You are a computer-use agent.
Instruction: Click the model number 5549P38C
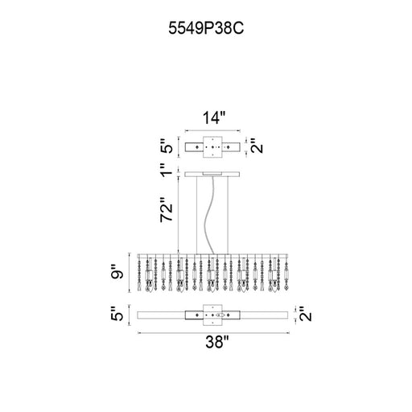pos(206,28)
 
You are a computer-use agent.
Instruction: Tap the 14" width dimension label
pos(214,118)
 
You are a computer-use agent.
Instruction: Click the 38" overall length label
pos(217,342)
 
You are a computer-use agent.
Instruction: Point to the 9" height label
pos(117,272)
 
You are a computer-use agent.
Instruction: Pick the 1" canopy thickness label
pos(167,170)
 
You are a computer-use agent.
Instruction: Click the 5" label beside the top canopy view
pos(167,146)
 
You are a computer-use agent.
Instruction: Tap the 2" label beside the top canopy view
pos(257,146)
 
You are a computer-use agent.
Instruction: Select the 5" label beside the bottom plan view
pos(117,315)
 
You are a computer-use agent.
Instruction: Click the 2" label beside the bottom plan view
pos(306,315)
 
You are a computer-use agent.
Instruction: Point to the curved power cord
pos(208,215)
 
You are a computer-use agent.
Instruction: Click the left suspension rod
pos(196,215)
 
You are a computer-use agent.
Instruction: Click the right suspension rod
pos(228,215)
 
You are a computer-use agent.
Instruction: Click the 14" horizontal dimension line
pos(212,131)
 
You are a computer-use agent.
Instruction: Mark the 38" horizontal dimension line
pos(213,333)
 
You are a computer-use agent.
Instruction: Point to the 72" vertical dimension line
pos(179,215)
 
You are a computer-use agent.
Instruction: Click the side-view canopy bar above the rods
pos(212,175)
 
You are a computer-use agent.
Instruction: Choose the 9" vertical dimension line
pos(130,273)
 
